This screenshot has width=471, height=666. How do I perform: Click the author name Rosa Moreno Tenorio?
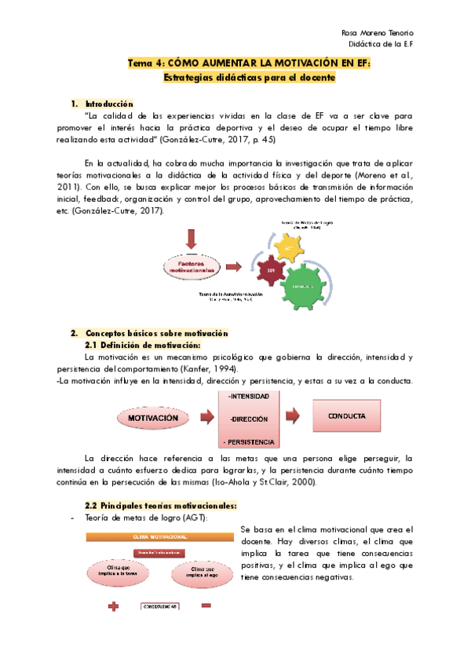coord(379,32)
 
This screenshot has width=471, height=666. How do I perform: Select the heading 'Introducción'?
coord(109,104)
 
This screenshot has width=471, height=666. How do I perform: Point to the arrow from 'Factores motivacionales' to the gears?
coord(232,268)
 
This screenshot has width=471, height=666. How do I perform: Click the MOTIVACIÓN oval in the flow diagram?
coord(158,419)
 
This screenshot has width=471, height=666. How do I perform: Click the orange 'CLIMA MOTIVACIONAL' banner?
coord(159,536)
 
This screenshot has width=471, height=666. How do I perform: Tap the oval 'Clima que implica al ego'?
coord(201,571)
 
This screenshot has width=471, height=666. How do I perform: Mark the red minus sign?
coord(206,606)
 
